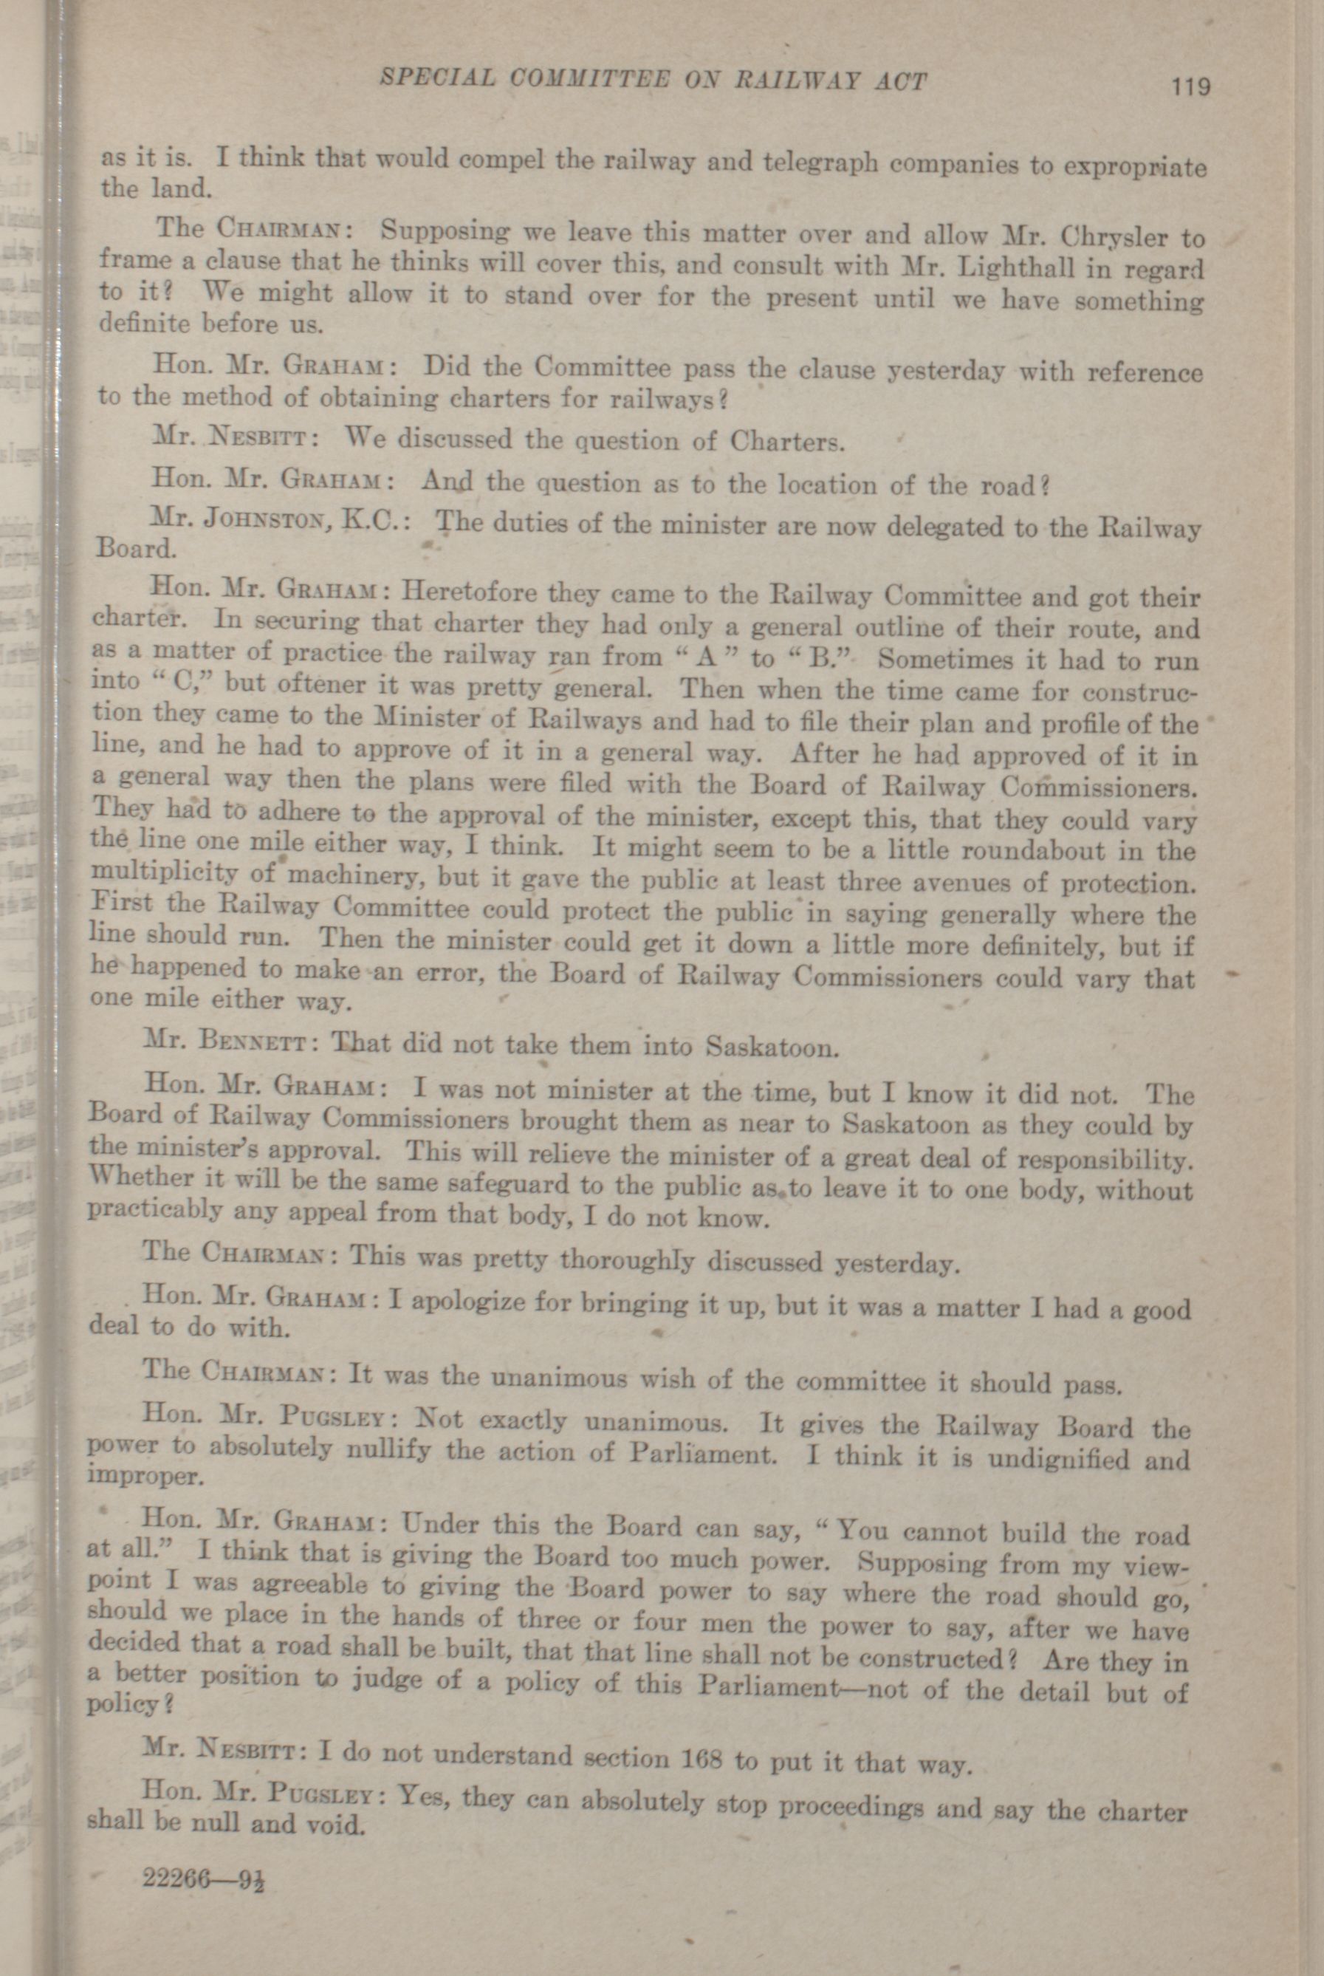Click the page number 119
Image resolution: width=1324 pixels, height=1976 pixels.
1190,86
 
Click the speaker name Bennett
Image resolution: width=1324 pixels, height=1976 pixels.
245,1040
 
